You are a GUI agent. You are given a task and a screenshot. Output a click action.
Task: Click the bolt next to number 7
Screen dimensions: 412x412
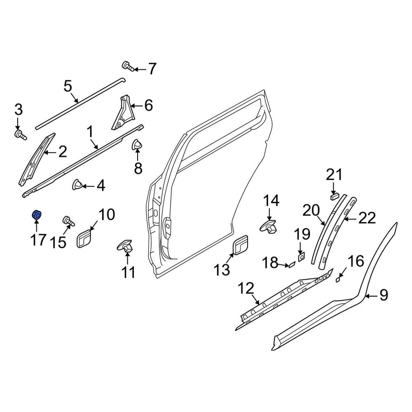click(127, 66)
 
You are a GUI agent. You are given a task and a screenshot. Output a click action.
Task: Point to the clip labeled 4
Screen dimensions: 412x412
click(77, 185)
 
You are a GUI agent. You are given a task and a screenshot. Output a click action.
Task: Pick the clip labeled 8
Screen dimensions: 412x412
click(136, 145)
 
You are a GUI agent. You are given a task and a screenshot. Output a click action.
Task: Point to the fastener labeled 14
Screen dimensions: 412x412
click(270, 227)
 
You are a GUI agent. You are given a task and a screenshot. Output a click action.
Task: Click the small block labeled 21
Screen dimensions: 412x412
click(335, 195)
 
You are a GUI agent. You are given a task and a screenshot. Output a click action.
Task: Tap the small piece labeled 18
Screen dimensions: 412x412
click(290, 265)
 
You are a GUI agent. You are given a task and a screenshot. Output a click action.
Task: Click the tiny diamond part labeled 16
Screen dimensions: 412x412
click(338, 279)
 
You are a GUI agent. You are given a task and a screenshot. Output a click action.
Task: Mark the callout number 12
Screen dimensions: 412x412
click(247, 288)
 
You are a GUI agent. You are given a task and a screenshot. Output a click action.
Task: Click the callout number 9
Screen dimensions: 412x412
click(383, 295)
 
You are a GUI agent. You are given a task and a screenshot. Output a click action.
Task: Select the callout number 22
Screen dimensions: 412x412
click(367, 218)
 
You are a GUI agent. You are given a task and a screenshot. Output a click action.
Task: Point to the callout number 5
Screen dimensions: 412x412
click(68, 87)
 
